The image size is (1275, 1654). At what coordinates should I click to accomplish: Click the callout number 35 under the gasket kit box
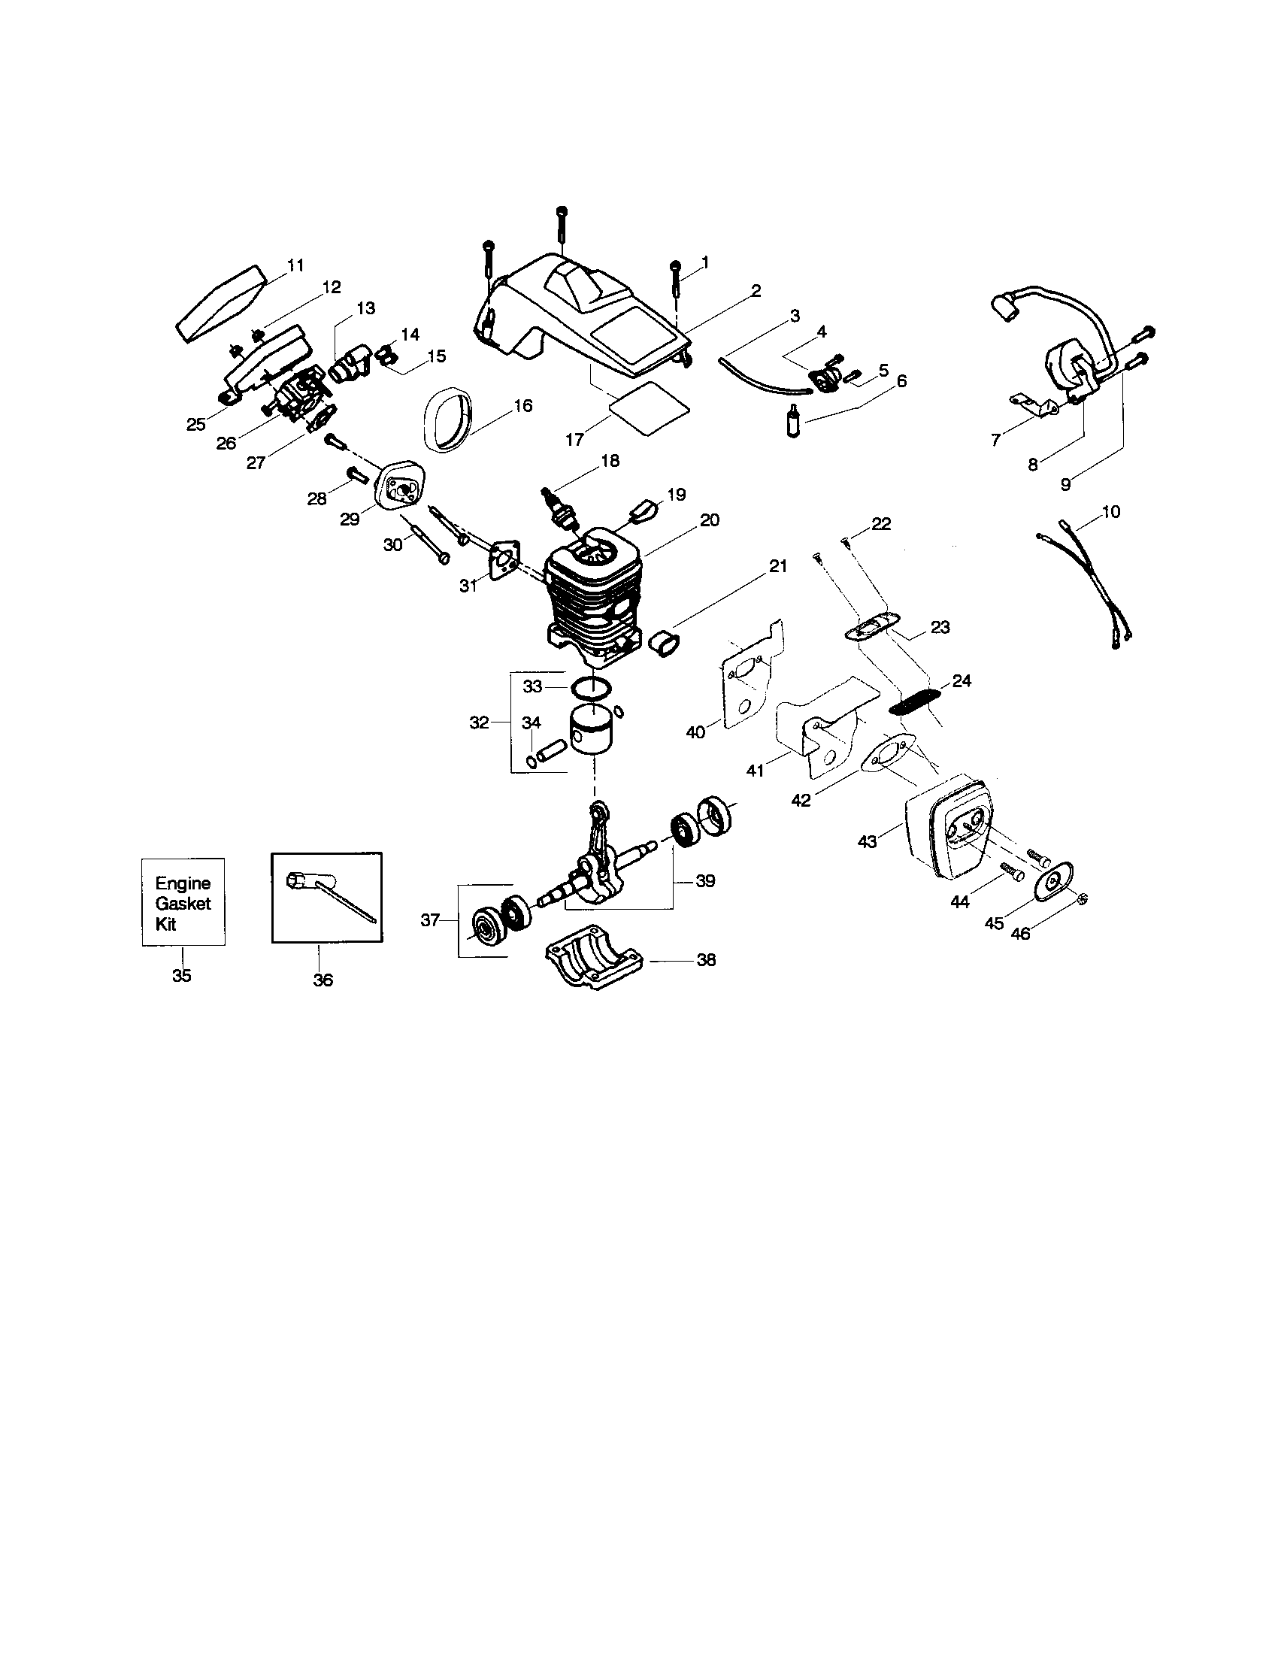(182, 975)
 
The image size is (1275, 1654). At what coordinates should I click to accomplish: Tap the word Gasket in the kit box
(183, 904)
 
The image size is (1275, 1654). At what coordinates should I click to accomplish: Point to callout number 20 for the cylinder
(710, 520)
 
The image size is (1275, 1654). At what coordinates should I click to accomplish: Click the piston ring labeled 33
(593, 689)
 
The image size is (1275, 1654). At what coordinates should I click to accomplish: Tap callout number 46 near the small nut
(1021, 934)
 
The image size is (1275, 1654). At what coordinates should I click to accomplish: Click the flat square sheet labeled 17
(650, 407)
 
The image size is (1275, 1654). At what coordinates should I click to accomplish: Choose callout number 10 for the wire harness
(1110, 512)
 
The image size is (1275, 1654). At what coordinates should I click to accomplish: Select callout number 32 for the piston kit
(479, 722)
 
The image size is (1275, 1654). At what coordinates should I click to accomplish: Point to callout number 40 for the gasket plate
(695, 732)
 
